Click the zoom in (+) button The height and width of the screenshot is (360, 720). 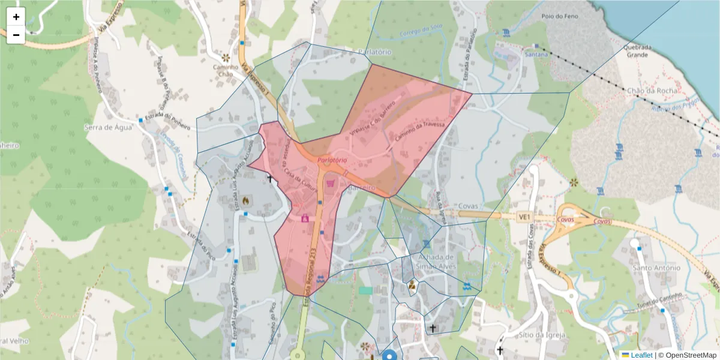[16, 17]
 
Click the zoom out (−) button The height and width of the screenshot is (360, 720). [16, 35]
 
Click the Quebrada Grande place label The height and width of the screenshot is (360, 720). [637, 50]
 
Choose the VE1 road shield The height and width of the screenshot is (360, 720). [525, 216]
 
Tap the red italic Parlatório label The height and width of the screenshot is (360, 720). [332, 160]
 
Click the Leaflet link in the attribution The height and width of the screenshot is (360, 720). [641, 355]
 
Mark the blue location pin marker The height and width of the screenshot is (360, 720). [390, 355]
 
